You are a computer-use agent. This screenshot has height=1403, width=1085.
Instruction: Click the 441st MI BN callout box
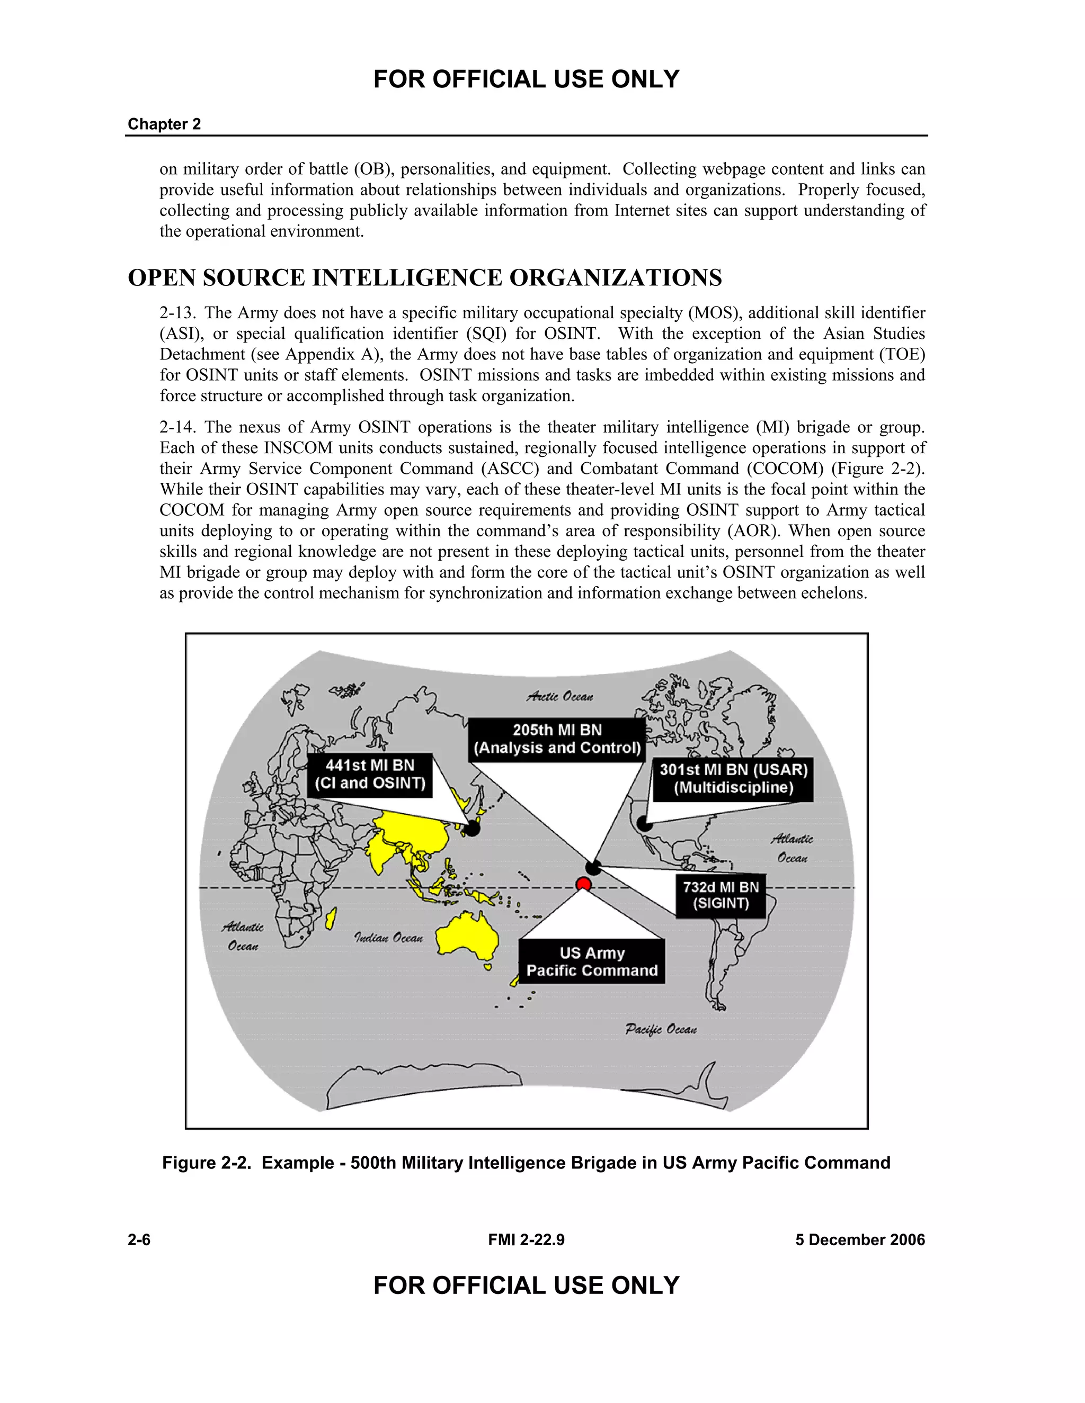pos(370,775)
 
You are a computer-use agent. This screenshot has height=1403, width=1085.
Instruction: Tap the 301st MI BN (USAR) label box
pos(733,779)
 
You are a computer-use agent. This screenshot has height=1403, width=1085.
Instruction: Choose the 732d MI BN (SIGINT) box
pos(721,895)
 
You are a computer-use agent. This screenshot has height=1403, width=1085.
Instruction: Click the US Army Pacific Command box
pos(591,961)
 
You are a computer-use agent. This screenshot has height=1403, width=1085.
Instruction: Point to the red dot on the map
pos(583,885)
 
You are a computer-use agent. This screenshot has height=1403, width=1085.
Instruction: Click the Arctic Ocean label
pos(560,696)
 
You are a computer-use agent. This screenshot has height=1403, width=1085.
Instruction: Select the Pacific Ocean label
pos(661,1029)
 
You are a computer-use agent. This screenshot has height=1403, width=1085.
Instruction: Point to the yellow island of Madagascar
pos(331,919)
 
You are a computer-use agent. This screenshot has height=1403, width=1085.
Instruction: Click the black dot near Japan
pos(472,828)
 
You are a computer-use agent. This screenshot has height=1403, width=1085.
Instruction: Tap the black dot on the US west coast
pos(644,823)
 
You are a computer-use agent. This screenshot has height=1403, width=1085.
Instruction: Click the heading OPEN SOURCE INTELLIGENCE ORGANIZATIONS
pos(425,277)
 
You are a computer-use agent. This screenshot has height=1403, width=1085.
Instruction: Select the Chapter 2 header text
pos(164,124)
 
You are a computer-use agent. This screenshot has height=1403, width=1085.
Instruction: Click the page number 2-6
pos(139,1240)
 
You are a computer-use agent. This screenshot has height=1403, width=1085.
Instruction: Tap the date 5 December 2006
pos(859,1240)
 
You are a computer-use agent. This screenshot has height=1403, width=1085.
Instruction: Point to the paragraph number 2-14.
pos(177,427)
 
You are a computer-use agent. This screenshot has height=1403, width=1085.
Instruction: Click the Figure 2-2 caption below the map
pos(526,1163)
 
